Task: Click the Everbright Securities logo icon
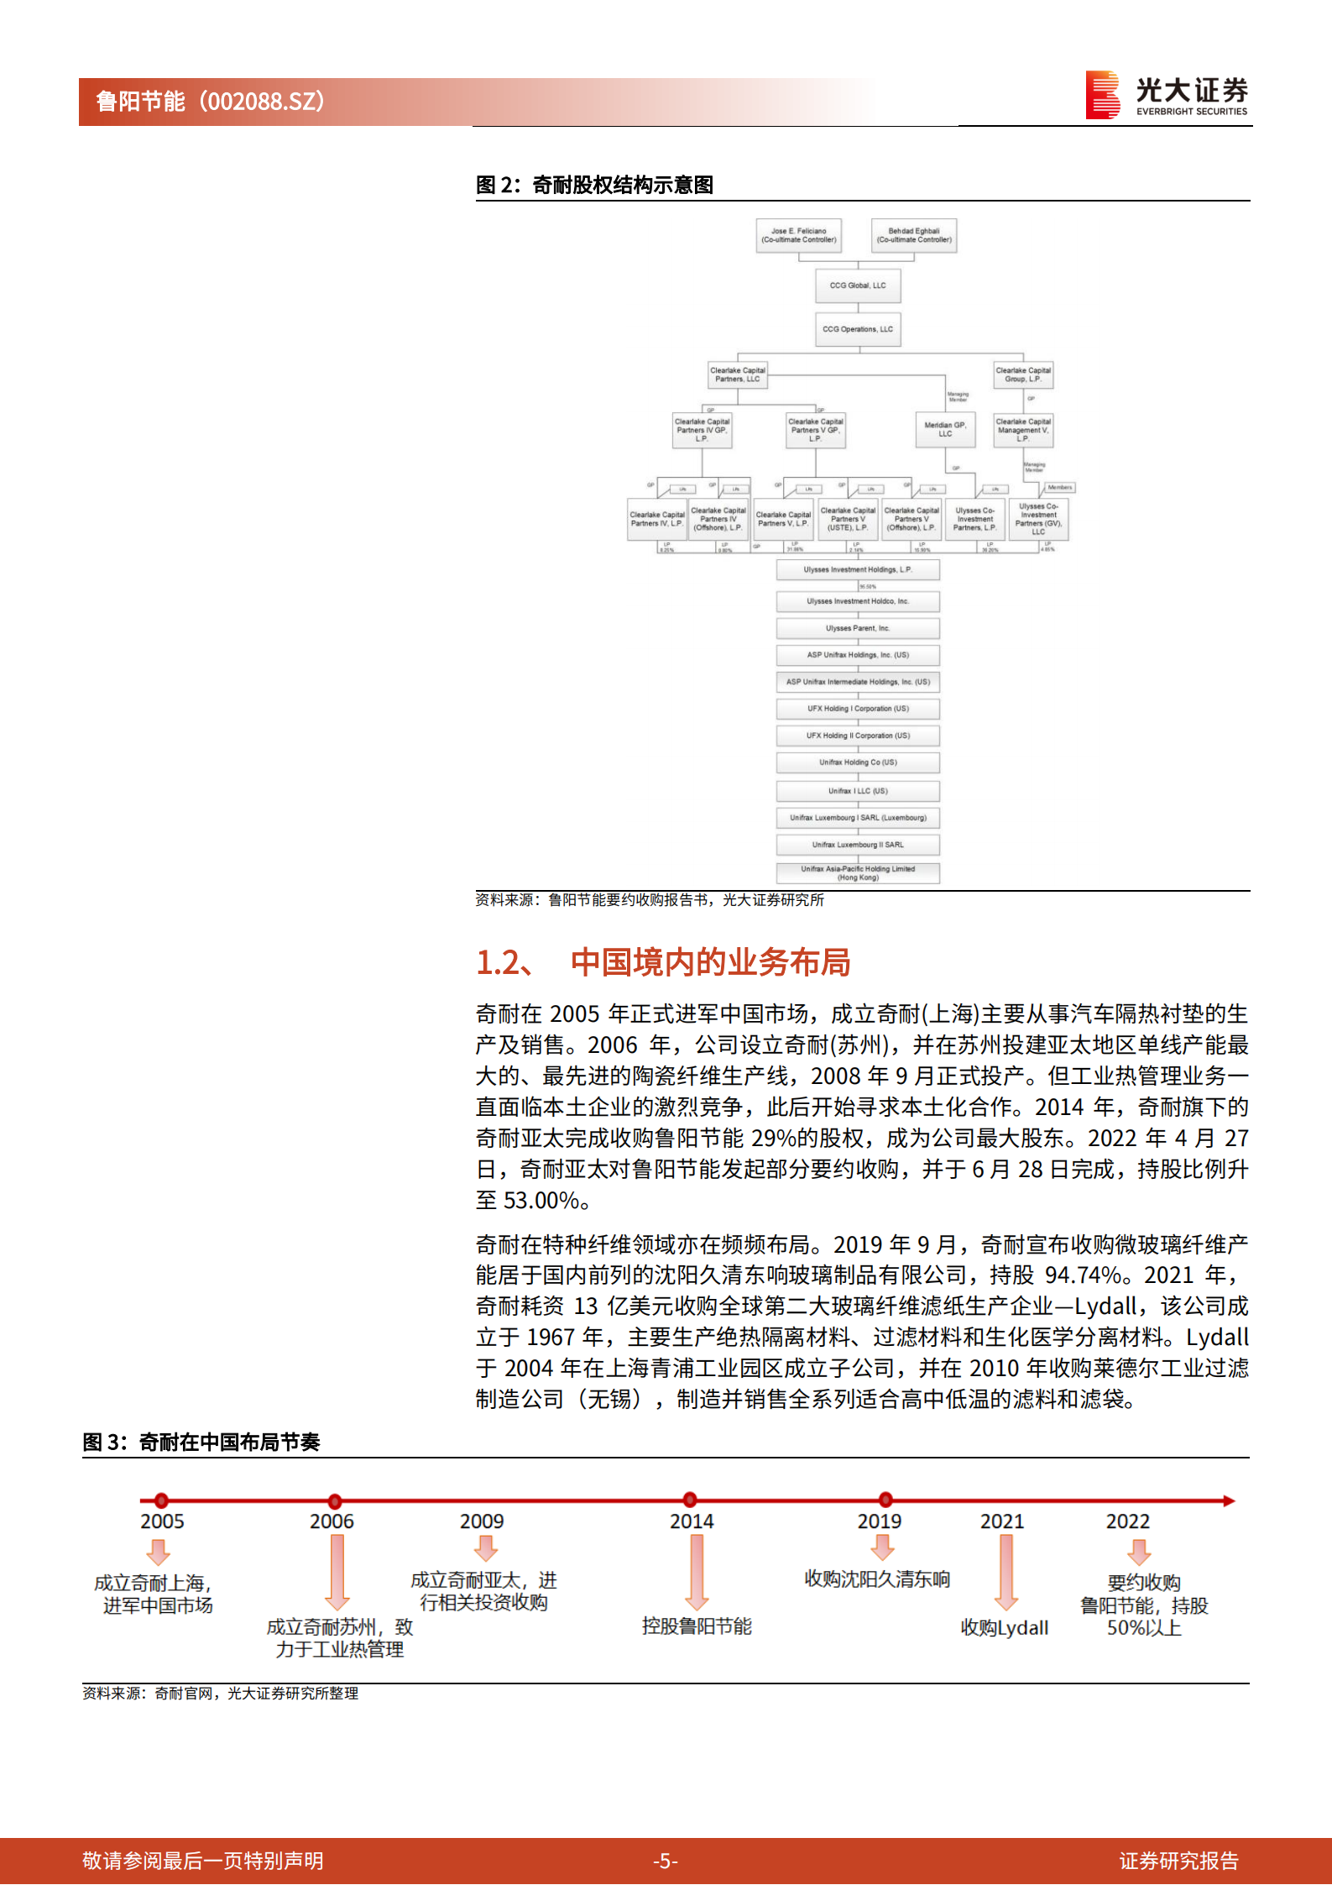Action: pyautogui.click(x=1103, y=94)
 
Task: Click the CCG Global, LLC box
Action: pyautogui.click(x=858, y=285)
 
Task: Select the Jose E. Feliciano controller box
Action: pyautogui.click(x=799, y=236)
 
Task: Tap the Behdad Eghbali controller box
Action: pyautogui.click(x=914, y=236)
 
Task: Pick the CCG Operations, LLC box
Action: pyautogui.click(x=858, y=329)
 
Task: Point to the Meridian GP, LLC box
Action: pyautogui.click(x=945, y=429)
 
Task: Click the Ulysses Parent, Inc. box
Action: pyautogui.click(x=858, y=628)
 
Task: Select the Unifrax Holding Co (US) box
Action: pyautogui.click(x=858, y=762)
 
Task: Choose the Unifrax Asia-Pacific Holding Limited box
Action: pyautogui.click(x=858, y=873)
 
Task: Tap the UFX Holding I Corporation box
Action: pyautogui.click(x=858, y=709)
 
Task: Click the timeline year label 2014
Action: pyautogui.click(x=692, y=1521)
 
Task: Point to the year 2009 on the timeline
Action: pyautogui.click(x=482, y=1521)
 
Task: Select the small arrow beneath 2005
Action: pyautogui.click(x=159, y=1553)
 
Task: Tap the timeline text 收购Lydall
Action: pyautogui.click(x=1005, y=1628)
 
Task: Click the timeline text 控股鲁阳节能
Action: pyautogui.click(x=697, y=1626)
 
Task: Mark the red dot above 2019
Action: pyautogui.click(x=885, y=1500)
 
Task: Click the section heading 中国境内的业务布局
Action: pyautogui.click(x=710, y=962)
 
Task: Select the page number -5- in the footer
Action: pyautogui.click(x=666, y=1861)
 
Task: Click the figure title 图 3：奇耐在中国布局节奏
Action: pyautogui.click(x=201, y=1443)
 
